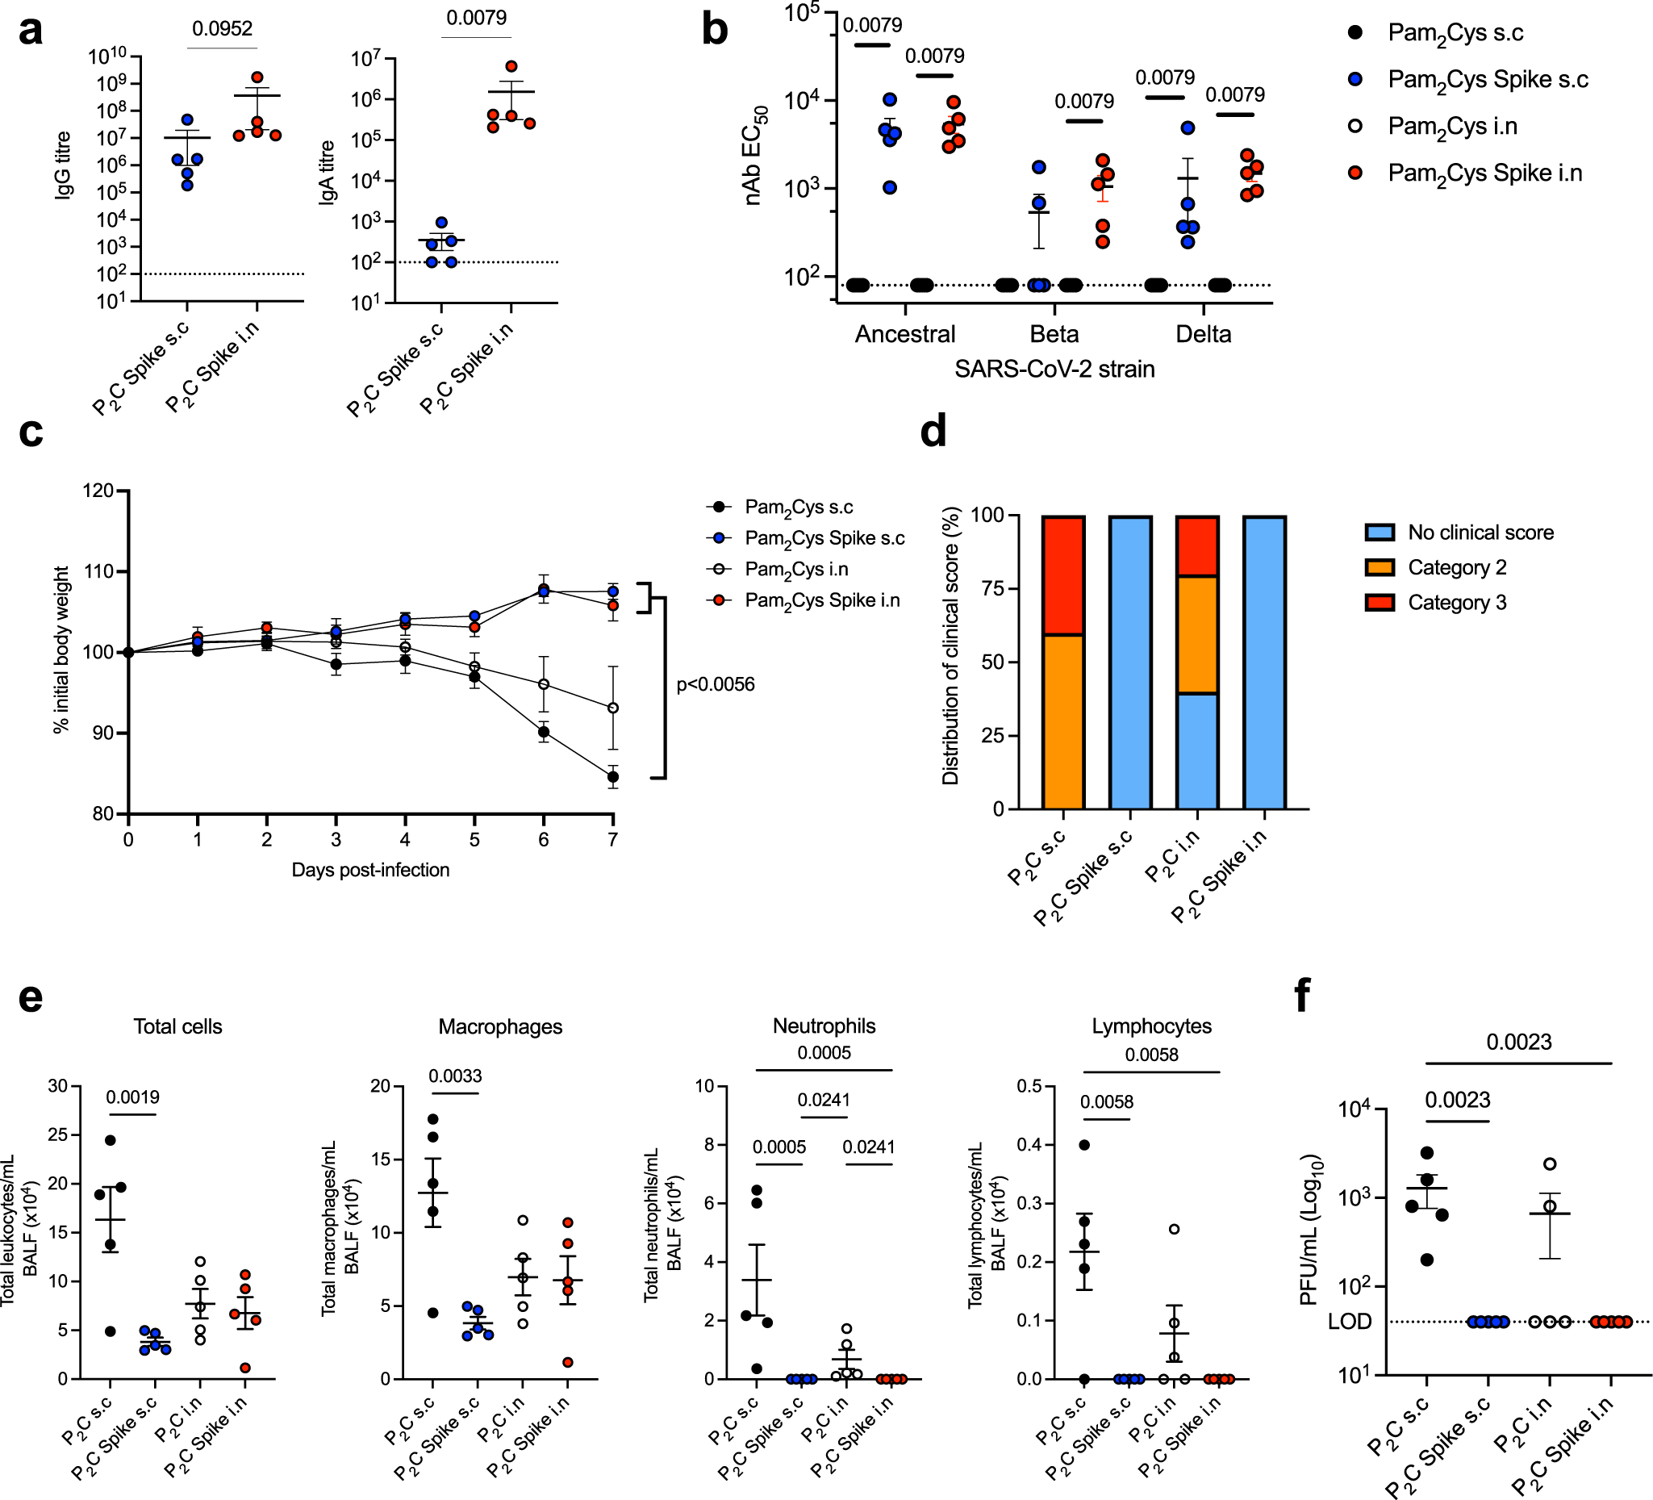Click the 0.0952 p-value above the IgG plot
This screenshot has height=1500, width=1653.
click(222, 29)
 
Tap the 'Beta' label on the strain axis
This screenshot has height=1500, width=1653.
click(1054, 335)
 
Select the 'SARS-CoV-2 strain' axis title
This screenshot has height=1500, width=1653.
click(1054, 369)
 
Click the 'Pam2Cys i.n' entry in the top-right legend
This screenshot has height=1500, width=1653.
click(1452, 127)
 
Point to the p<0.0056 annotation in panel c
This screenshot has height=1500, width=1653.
click(715, 685)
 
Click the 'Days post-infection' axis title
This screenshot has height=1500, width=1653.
click(369, 870)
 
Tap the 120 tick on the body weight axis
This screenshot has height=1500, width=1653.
click(99, 491)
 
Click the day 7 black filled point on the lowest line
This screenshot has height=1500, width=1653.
click(612, 777)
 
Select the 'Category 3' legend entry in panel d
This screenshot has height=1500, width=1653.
click(1457, 603)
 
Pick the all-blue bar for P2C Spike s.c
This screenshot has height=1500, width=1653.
click(1130, 662)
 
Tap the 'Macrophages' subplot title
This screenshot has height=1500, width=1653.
click(500, 1027)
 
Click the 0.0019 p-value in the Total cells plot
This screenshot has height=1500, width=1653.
click(133, 1097)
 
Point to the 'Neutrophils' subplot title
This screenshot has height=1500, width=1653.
click(824, 1026)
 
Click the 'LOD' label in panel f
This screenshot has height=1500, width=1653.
click(1350, 1322)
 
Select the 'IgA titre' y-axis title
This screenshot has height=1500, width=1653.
click(328, 172)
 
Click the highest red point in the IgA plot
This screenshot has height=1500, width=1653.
click(511, 66)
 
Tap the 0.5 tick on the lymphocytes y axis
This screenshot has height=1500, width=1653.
click(1030, 1087)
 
